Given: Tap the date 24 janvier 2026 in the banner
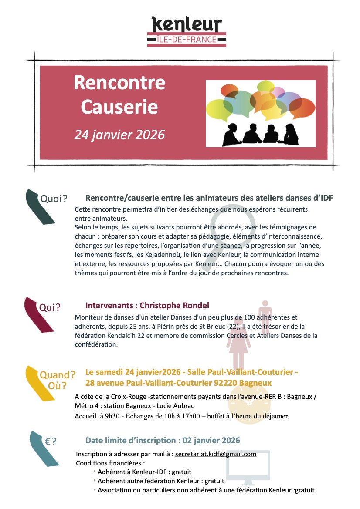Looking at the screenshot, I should [x=119, y=135].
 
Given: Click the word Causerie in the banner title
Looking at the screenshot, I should [x=119, y=106].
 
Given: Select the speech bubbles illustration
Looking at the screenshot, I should [x=260, y=113].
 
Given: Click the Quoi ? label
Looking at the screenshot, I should [x=53, y=199].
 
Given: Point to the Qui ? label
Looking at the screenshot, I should [x=49, y=308].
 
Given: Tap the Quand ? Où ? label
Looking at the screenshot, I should [x=57, y=380].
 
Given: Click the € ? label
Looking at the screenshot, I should [x=51, y=441].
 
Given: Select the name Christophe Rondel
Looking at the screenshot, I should [x=173, y=305].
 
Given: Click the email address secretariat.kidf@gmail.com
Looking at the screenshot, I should [x=215, y=454].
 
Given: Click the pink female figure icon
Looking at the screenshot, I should [x=238, y=344].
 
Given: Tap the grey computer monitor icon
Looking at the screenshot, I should [x=248, y=468].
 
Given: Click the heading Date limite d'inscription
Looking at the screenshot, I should [x=163, y=440].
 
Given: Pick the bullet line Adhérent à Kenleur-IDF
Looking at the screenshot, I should [x=144, y=472].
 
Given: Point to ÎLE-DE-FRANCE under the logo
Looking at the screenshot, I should [x=186, y=40].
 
